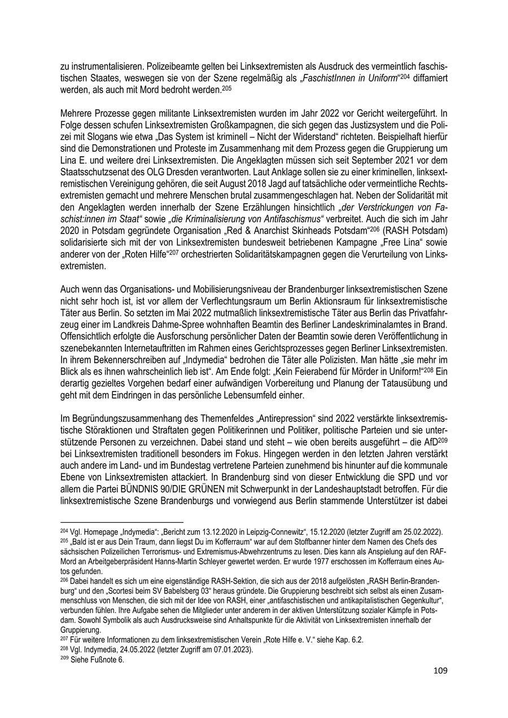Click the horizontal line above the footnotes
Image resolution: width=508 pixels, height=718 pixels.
click(x=122, y=523)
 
